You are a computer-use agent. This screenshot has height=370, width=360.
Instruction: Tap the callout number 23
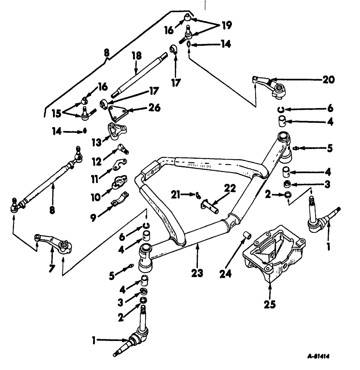click(197, 273)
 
